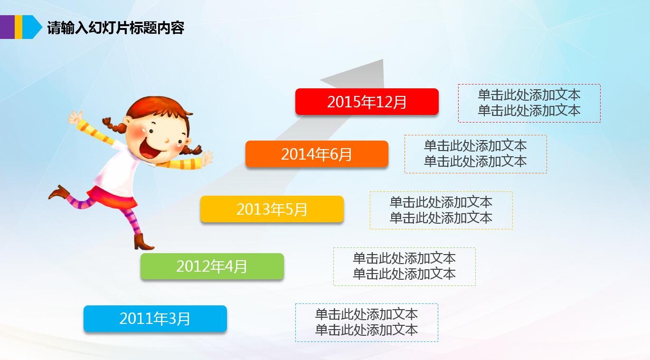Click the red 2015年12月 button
367,102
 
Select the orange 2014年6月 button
317,154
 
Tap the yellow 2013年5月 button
272,209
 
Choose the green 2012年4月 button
212,266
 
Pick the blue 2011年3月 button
155,318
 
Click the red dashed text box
529,103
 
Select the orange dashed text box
475,154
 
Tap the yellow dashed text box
441,210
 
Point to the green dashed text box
404,266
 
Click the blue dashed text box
367,322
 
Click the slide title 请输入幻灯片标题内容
115,28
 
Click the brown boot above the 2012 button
143,242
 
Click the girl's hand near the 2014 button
206,157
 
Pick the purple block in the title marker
7,27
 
